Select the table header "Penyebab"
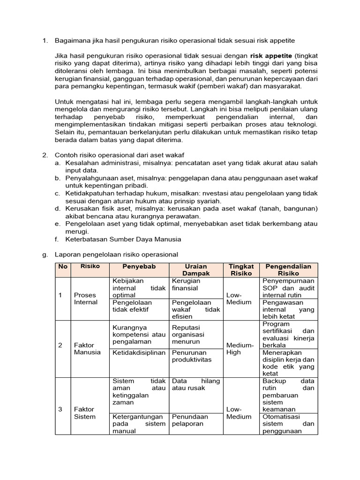pos(139,266)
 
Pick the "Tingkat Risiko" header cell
pos(240,270)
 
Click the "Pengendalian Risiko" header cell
pos(288,270)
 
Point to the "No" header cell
pos(62,266)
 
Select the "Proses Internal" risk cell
pos(85,299)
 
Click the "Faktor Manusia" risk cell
pos(87,349)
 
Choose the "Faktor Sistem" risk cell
pos(85,413)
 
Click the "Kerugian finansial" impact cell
pos(186,285)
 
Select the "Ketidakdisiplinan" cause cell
pos(139,352)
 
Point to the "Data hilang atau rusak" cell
pos(195,384)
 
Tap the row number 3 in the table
pos(60,409)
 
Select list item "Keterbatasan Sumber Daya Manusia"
pos(123,239)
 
